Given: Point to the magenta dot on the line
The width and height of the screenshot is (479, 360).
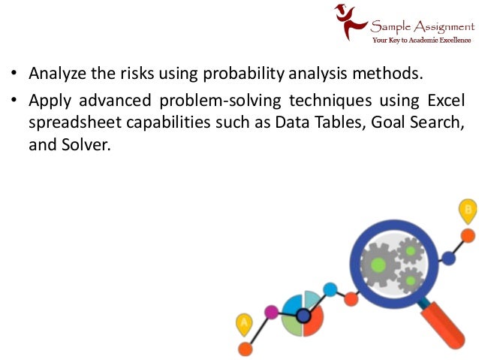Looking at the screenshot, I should click(x=272, y=311).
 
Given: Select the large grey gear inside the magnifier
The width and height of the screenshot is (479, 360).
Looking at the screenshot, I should click(x=379, y=264).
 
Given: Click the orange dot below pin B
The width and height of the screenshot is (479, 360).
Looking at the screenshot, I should click(x=468, y=236).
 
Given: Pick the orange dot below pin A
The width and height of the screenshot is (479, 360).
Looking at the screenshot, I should click(x=245, y=348).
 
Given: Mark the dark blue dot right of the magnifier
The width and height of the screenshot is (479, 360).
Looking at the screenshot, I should click(x=448, y=258).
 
